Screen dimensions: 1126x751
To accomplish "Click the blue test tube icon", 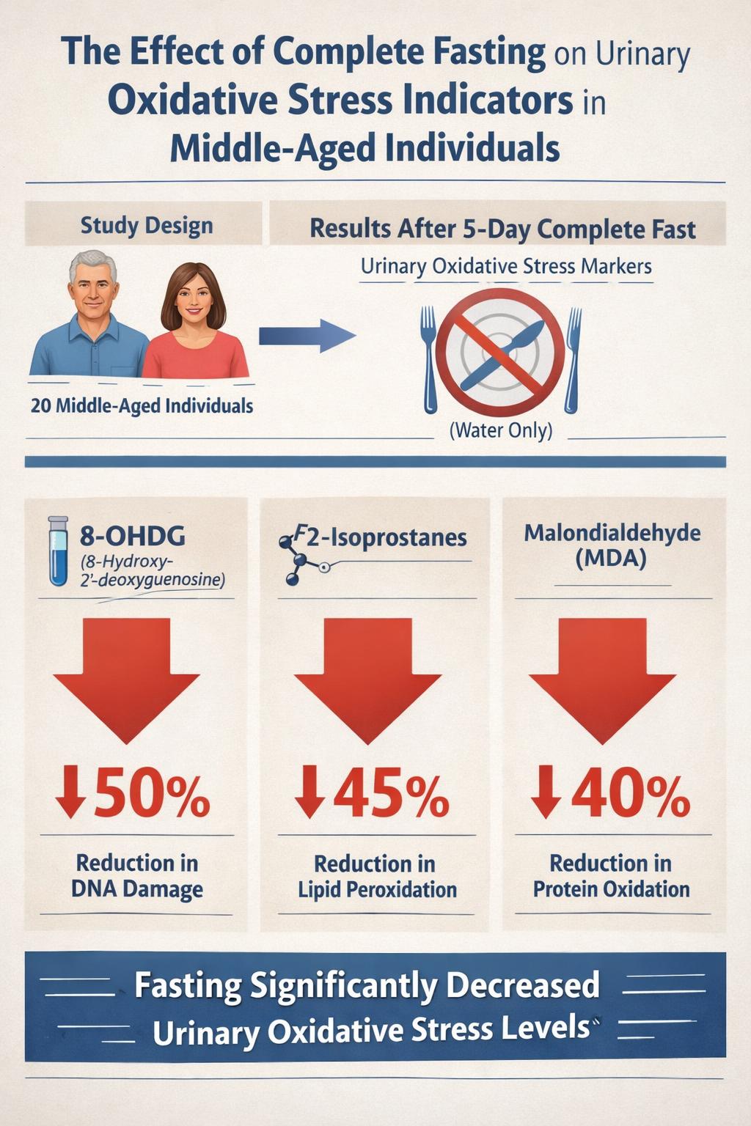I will (58, 551).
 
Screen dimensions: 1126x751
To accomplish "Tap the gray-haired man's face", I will (92, 287).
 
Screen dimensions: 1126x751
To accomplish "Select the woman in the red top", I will (194, 323).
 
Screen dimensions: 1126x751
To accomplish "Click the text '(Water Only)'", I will (500, 430).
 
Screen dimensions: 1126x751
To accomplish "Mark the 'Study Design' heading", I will (147, 225).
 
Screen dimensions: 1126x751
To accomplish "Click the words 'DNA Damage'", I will (137, 889).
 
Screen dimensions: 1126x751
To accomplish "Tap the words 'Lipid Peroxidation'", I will (377, 890).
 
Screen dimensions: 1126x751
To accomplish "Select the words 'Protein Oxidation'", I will (611, 889).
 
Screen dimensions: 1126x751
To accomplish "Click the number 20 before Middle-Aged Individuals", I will (41, 405).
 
